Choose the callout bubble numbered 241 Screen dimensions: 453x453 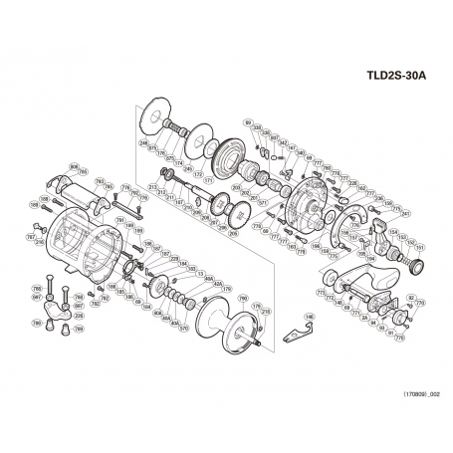[x=377, y=213]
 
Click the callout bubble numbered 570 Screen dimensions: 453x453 [x=183, y=328]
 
